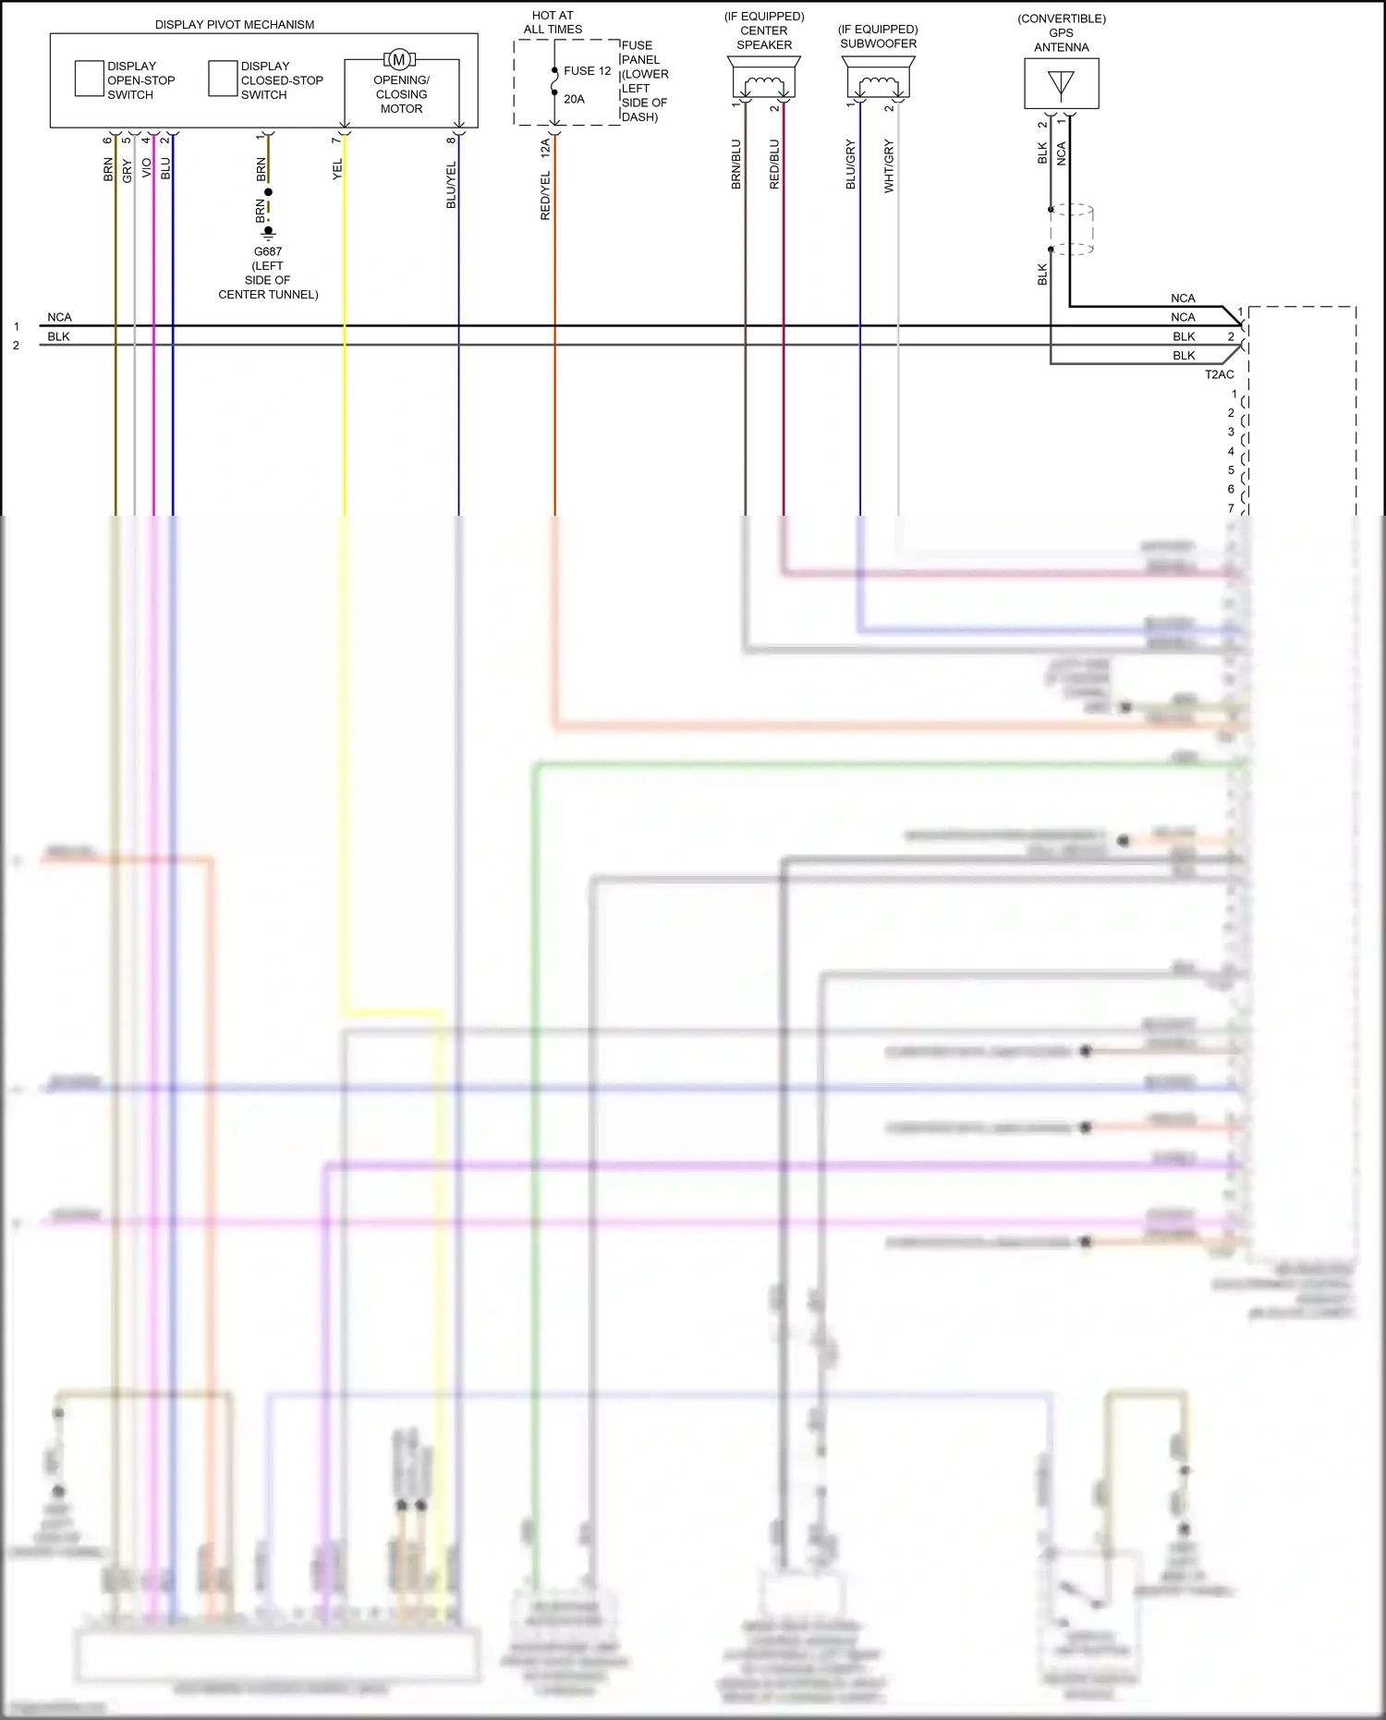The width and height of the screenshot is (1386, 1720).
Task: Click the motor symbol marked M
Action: tap(399, 60)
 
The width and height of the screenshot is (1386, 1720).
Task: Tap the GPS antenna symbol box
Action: tap(1062, 84)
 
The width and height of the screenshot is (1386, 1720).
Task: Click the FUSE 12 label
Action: tap(588, 71)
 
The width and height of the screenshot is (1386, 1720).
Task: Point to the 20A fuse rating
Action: tap(574, 100)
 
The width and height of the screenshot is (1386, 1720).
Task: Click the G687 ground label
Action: tap(268, 251)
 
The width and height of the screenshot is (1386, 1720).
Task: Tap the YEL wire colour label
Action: tap(337, 169)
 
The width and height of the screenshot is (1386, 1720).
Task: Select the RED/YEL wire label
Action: tap(545, 195)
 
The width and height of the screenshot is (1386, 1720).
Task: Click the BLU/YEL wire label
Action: tap(451, 185)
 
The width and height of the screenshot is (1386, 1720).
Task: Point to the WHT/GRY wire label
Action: tap(889, 165)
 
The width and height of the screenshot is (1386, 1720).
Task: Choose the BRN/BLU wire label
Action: tap(736, 165)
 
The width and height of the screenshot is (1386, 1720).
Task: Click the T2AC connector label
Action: tap(1219, 374)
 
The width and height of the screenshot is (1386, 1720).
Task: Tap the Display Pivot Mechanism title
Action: tap(235, 25)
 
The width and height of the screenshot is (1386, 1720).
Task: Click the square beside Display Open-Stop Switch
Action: tap(89, 79)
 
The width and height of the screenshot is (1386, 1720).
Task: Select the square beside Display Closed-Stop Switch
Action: tap(223, 79)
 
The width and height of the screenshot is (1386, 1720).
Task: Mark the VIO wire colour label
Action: tap(146, 168)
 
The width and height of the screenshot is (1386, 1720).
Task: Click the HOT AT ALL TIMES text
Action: tap(553, 22)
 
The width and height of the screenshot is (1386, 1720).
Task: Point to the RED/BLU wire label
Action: tap(774, 165)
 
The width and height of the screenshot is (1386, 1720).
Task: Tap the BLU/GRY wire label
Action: tap(851, 165)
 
